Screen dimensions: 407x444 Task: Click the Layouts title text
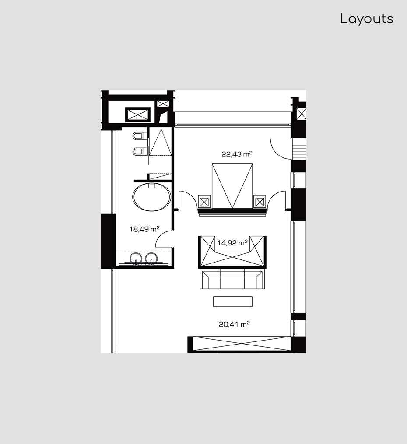(367, 19)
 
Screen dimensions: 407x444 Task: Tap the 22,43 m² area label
(237, 154)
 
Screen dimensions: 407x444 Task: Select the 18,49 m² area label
(144, 229)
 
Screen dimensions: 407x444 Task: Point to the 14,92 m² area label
(232, 243)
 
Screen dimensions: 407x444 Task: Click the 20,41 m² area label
(234, 324)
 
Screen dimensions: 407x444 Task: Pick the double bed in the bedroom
(232, 186)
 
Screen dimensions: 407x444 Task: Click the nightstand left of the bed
(204, 202)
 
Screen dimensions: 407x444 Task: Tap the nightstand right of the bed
(260, 202)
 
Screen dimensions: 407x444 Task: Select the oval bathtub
(152, 197)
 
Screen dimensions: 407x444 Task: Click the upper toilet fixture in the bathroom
(139, 136)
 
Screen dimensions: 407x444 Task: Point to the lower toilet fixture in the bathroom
(139, 152)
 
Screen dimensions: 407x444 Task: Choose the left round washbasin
(136, 259)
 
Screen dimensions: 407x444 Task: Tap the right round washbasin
(151, 259)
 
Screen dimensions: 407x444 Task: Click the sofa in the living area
(232, 279)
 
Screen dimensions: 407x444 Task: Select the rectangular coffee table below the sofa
(233, 301)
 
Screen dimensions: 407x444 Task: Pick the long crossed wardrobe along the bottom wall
(239, 344)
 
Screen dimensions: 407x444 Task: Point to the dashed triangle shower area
(160, 142)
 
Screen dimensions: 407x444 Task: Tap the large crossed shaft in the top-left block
(138, 115)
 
